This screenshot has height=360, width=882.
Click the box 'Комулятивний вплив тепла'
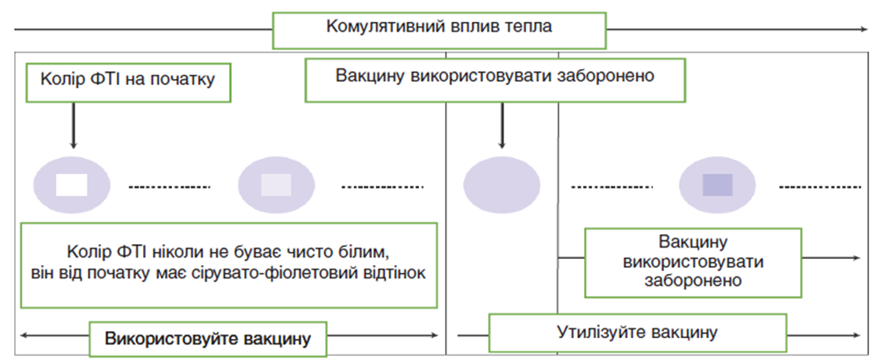click(439, 29)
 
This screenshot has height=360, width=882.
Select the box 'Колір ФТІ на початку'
click(127, 81)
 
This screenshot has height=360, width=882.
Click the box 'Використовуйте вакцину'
click(208, 337)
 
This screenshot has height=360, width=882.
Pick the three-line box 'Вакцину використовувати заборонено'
click(692, 261)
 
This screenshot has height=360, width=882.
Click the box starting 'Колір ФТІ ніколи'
click(228, 263)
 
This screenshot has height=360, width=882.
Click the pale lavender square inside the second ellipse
click(276, 184)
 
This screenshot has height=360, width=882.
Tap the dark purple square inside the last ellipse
click(717, 184)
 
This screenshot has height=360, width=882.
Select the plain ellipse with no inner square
click(501, 184)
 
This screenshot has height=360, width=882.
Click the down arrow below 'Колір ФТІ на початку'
click(72, 127)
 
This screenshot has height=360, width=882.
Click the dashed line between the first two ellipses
click(170, 186)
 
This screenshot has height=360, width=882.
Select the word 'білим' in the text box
click(360, 250)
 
